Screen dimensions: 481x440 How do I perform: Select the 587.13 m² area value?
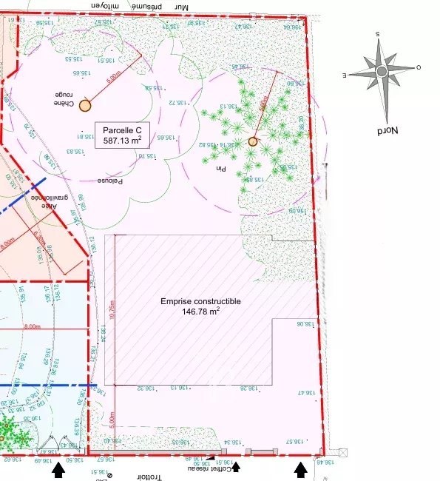(x=122, y=140)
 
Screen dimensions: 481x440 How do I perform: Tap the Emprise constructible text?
(x=200, y=302)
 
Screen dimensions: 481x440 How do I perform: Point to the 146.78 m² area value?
(x=200, y=312)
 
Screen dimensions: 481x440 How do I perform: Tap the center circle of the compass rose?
(x=382, y=71)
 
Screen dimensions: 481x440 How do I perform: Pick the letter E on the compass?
(x=345, y=75)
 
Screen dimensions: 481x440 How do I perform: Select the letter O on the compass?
(x=419, y=67)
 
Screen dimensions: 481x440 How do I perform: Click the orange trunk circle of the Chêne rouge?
(x=85, y=105)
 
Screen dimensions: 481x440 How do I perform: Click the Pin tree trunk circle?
(x=253, y=141)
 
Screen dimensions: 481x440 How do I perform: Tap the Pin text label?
(x=219, y=169)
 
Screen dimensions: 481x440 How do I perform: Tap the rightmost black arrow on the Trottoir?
(x=300, y=468)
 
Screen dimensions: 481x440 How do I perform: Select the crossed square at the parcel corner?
(x=342, y=452)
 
